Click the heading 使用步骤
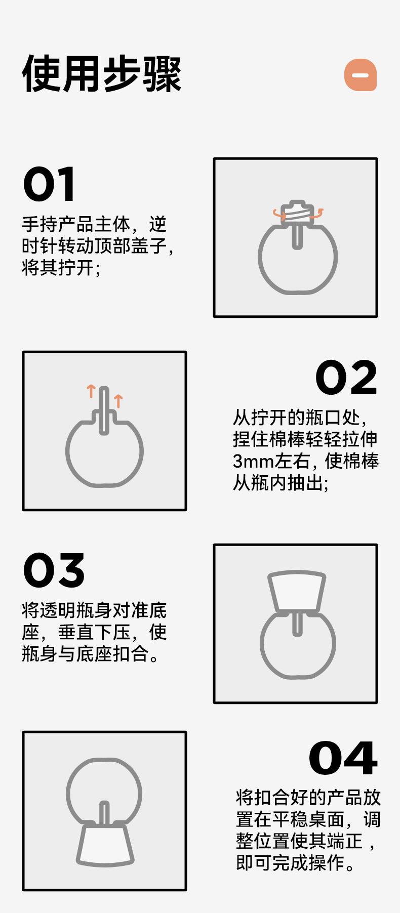(x=101, y=74)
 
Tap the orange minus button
(x=361, y=75)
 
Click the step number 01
(x=50, y=184)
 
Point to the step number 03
(x=54, y=570)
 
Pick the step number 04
(x=343, y=758)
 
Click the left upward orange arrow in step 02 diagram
(x=91, y=391)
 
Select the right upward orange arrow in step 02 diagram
(x=118, y=401)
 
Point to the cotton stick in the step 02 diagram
(x=104, y=410)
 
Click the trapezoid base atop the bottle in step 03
(x=297, y=591)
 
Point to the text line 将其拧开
(x=61, y=268)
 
